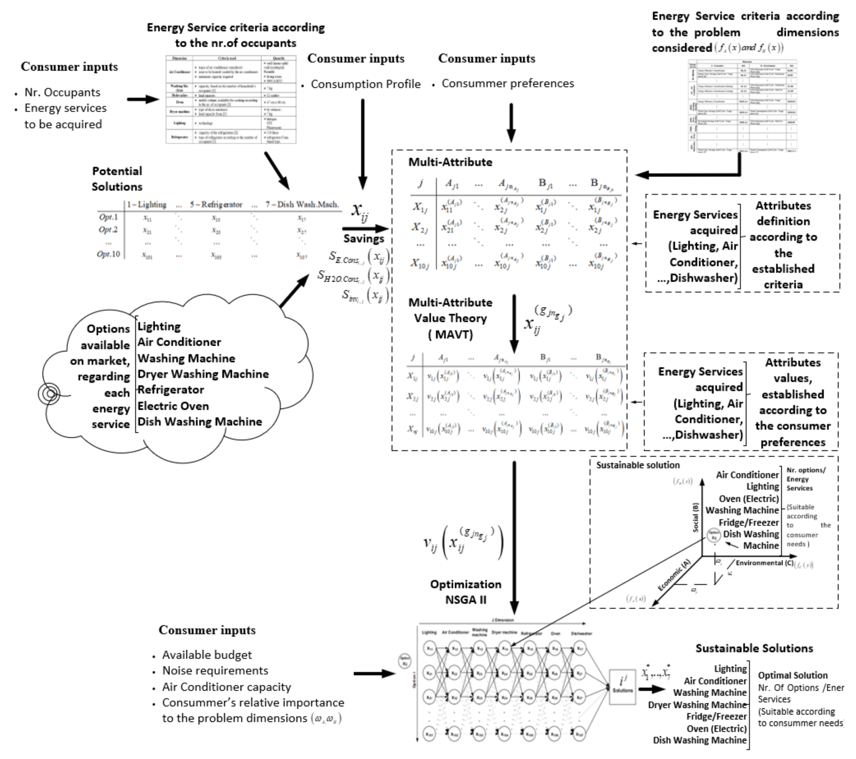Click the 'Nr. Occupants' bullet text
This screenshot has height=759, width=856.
(62, 92)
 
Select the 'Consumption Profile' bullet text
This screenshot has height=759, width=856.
(365, 84)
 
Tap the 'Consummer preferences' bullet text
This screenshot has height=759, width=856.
(508, 83)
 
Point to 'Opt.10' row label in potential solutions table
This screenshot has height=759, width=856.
(109, 254)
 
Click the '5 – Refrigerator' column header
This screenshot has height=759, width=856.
(216, 204)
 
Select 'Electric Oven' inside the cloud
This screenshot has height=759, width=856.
(173, 406)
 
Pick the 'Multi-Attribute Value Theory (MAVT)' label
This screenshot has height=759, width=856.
(450, 318)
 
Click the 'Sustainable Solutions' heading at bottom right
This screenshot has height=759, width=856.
(754, 648)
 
